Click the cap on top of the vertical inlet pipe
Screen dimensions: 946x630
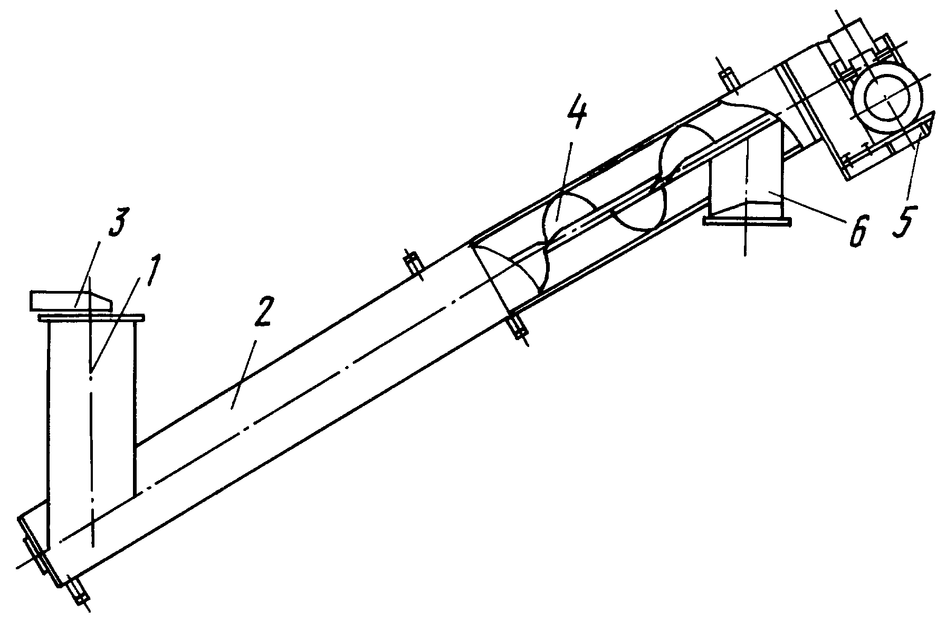72,300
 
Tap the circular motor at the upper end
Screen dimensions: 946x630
888,100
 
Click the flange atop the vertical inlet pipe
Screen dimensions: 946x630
91,317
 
